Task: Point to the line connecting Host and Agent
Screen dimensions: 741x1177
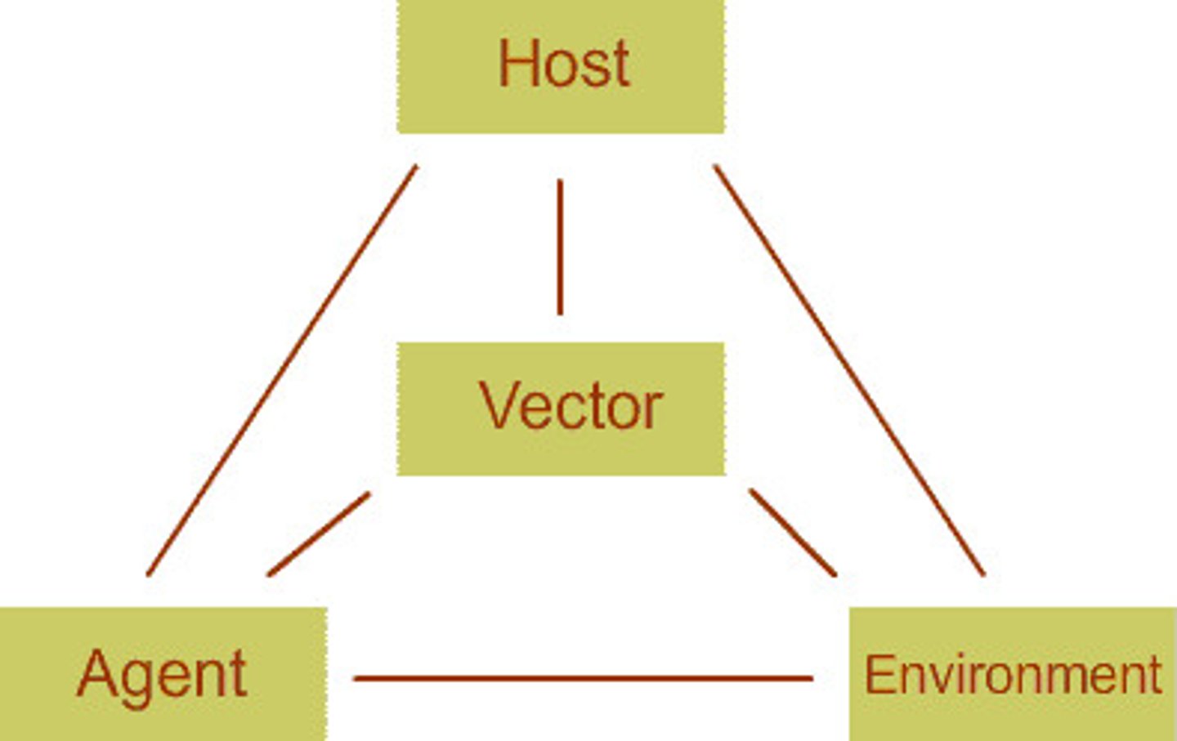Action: [x=282, y=370]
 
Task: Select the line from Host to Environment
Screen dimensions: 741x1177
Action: [x=849, y=370]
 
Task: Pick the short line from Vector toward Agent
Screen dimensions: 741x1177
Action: [x=319, y=534]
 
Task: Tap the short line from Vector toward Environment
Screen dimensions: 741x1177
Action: [x=793, y=533]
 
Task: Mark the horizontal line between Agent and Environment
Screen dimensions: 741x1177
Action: [x=583, y=678]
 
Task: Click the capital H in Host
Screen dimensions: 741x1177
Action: [x=517, y=63]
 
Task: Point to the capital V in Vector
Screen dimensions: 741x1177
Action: [x=498, y=405]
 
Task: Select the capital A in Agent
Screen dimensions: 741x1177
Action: [x=96, y=673]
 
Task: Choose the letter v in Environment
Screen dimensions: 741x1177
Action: [x=930, y=678]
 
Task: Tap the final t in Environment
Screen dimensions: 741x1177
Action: [x=1154, y=675]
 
